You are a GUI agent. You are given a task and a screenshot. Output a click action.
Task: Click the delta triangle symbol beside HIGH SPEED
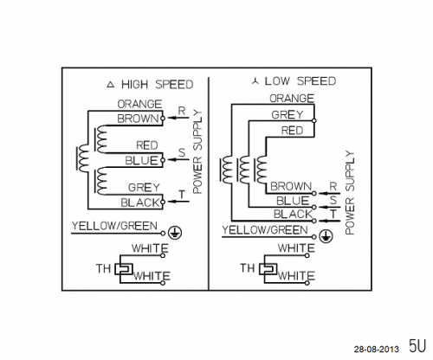click(x=111, y=85)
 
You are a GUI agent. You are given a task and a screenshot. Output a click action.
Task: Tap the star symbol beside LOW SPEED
click(x=255, y=81)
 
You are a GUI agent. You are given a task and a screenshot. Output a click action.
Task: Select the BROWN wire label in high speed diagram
click(x=139, y=119)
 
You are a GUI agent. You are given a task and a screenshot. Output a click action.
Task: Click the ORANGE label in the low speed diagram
click(x=292, y=99)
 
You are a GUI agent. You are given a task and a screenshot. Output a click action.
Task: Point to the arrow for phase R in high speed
click(x=178, y=118)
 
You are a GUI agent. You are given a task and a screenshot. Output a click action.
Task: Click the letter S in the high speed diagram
click(x=182, y=152)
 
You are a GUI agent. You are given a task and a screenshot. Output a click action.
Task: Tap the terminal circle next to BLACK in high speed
click(x=163, y=202)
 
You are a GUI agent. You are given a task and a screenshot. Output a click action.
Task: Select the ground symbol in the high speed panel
click(x=175, y=233)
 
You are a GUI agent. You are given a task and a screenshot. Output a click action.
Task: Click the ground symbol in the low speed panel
click(x=326, y=236)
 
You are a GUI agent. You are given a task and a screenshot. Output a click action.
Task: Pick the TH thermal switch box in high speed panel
click(x=124, y=269)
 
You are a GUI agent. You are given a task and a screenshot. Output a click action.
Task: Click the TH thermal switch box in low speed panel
click(x=268, y=269)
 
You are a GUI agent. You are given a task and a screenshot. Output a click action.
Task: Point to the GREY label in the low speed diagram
click(x=288, y=115)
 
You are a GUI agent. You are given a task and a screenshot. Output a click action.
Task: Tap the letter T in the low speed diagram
click(x=333, y=214)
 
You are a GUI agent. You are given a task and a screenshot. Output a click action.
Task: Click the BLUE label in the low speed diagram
click(x=293, y=201)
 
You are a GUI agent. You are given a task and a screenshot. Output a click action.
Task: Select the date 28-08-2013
click(x=377, y=350)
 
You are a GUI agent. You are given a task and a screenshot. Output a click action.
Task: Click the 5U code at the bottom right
click(x=417, y=345)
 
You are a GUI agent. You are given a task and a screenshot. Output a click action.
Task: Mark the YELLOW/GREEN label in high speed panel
click(x=114, y=226)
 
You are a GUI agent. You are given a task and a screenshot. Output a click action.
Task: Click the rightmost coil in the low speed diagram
click(x=262, y=170)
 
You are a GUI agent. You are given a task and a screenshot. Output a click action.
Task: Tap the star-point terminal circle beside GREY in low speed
click(x=314, y=120)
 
